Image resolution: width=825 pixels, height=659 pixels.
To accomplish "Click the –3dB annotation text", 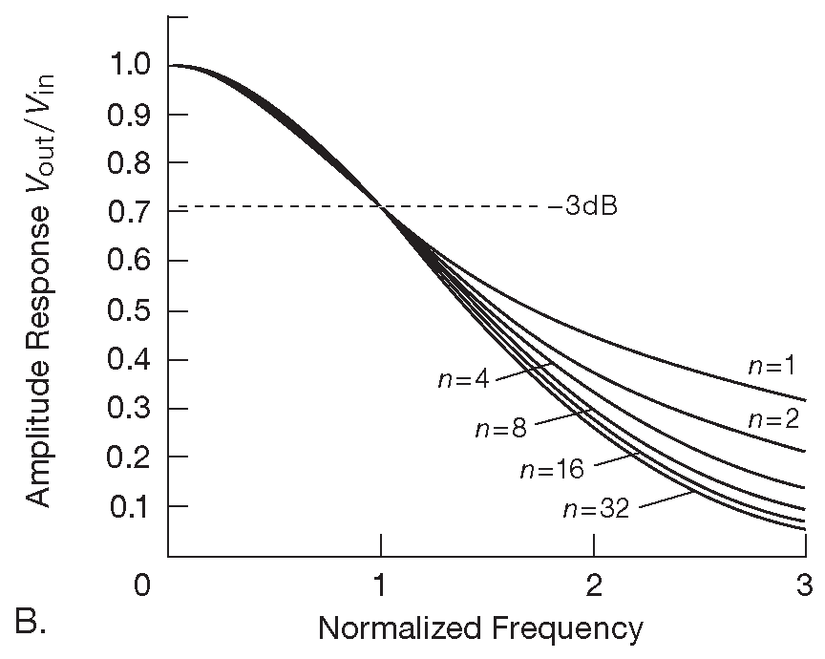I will point(583,206).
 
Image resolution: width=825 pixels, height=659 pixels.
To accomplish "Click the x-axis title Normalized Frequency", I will point(480,627).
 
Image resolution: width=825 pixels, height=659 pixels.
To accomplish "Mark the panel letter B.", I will point(32,623).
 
